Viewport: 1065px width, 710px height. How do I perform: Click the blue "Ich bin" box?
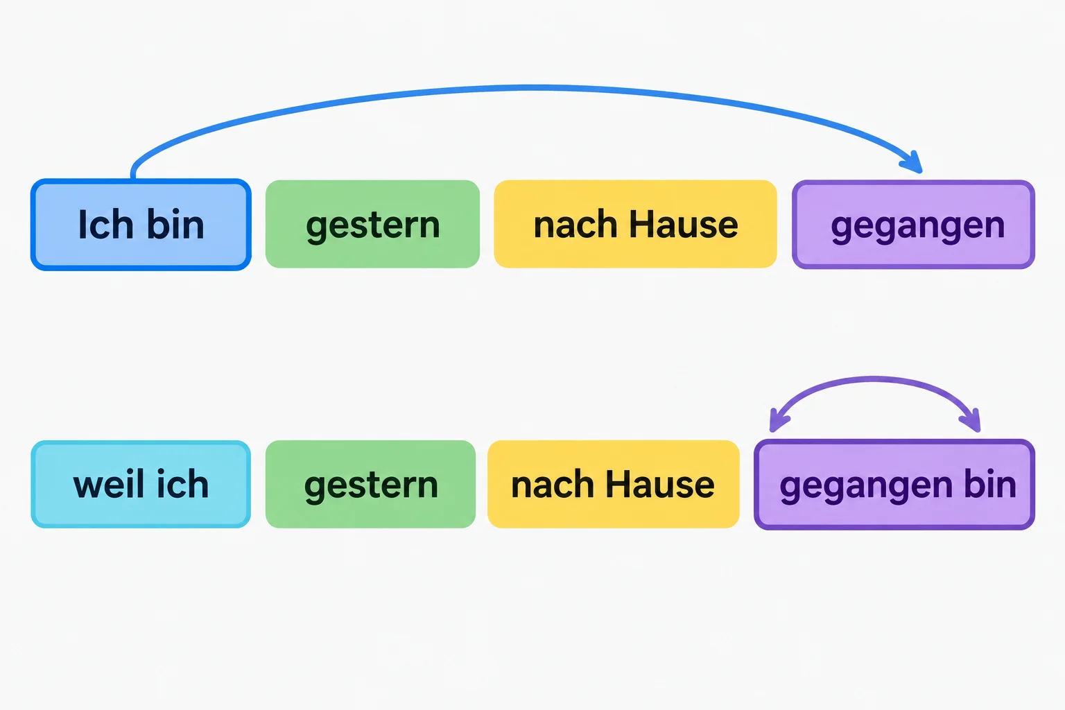pyautogui.click(x=141, y=225)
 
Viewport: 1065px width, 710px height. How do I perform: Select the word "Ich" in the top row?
pyautogui.click(x=105, y=225)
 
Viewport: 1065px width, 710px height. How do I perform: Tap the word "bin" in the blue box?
pyautogui.click(x=175, y=225)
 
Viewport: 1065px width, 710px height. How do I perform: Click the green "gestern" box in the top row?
pyautogui.click(x=372, y=224)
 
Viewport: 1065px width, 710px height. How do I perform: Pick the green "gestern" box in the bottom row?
pyautogui.click(x=370, y=484)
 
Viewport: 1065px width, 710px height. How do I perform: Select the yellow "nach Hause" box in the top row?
pyautogui.click(x=635, y=224)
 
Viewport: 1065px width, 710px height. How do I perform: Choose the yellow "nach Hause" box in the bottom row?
pyautogui.click(x=614, y=484)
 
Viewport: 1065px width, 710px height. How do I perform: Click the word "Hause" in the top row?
pyautogui.click(x=684, y=225)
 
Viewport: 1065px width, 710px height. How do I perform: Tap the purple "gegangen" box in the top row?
pyautogui.click(x=913, y=225)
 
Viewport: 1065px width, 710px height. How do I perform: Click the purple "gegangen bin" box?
pyautogui.click(x=894, y=484)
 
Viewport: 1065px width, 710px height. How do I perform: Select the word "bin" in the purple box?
pyautogui.click(x=990, y=485)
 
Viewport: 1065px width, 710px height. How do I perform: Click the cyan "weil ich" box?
pyautogui.click(x=141, y=484)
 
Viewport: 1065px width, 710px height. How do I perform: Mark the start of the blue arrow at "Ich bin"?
pyautogui.click(x=134, y=177)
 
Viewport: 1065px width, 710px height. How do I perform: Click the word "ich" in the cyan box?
pyautogui.click(x=182, y=485)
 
